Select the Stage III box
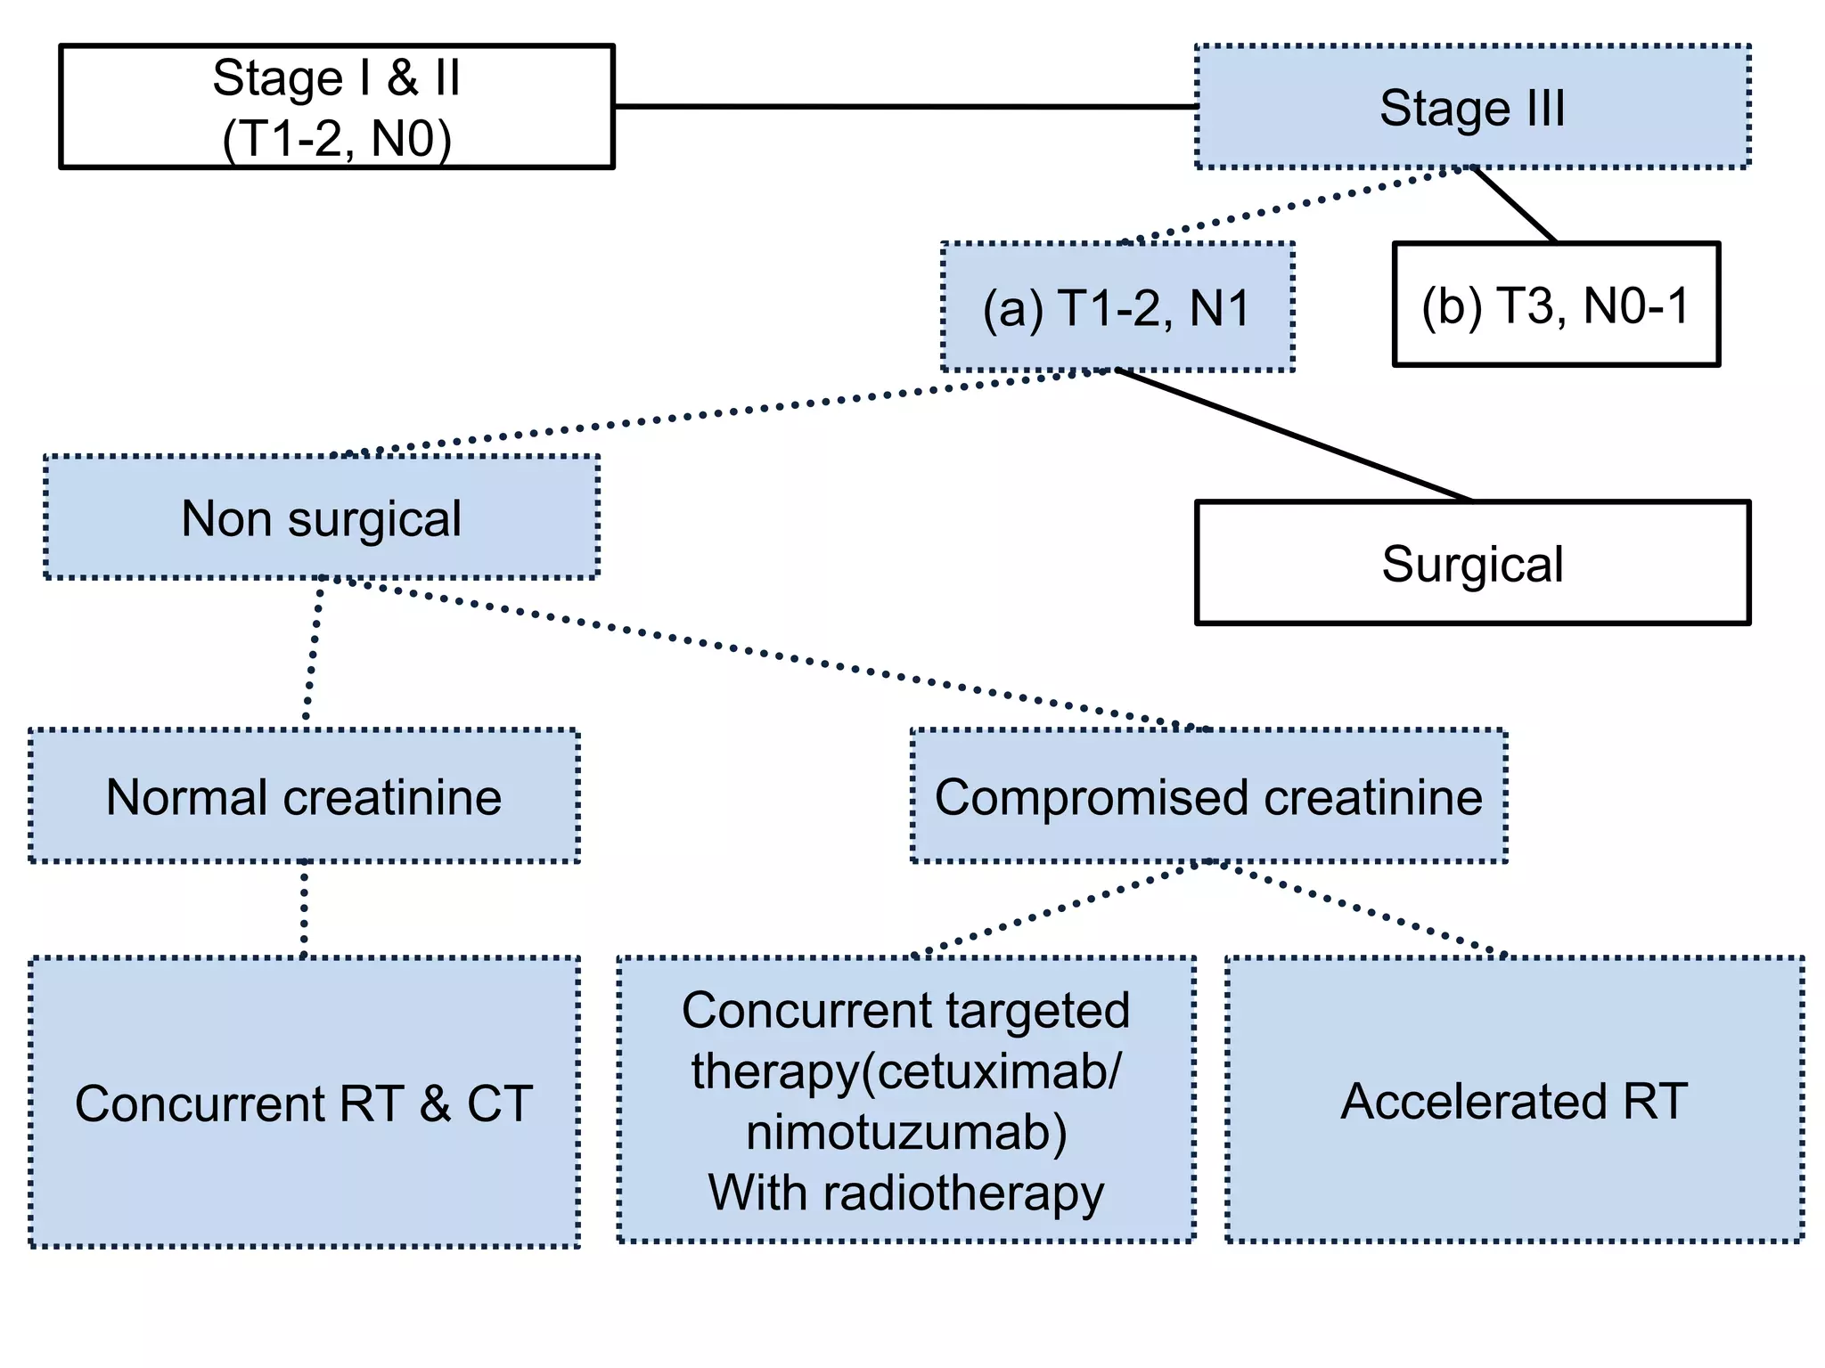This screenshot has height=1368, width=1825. [1472, 107]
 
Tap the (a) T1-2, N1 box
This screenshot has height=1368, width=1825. [1117, 307]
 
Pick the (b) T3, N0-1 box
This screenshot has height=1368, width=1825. [1556, 305]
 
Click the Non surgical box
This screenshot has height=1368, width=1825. [321, 518]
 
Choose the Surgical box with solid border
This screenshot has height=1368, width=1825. [1472, 563]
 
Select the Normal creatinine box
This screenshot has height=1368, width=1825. [304, 796]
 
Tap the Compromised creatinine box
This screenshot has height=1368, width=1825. [1208, 796]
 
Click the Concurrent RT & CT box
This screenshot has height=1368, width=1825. [304, 1103]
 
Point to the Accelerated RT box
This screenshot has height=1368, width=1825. [1514, 1101]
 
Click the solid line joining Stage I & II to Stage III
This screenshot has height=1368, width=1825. [904, 107]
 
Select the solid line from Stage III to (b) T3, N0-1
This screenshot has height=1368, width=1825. [1515, 205]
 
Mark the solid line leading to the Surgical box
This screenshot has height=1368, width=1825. [1292, 435]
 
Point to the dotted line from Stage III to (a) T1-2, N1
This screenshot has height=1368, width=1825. [1292, 205]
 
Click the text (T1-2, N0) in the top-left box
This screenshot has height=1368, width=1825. [337, 140]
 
